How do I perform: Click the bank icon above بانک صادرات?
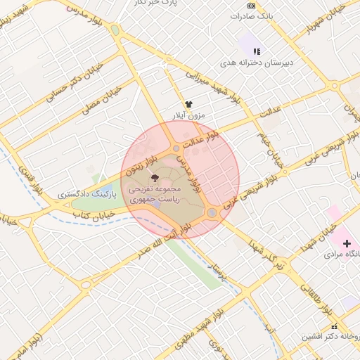click(x=251, y=6)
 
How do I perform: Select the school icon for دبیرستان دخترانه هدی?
click(x=257, y=51)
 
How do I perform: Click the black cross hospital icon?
click(x=347, y=243)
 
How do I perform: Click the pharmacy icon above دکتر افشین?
click(x=334, y=326)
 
